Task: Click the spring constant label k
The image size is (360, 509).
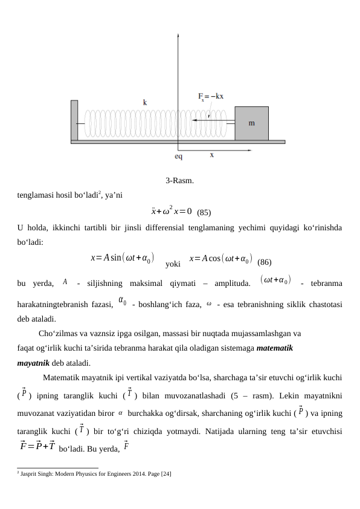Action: tap(145, 103)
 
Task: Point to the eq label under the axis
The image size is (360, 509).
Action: tap(179, 155)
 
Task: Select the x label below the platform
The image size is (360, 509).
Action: tap(211, 155)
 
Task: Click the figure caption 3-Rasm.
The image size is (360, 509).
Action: tap(179, 181)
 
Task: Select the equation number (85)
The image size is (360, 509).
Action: tap(204, 212)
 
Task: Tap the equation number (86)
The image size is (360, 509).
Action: tap(264, 262)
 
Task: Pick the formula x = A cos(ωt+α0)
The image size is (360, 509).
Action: tap(220, 259)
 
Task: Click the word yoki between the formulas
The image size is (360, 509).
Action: tap(173, 264)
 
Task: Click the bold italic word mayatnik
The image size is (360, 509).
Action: tap(33, 363)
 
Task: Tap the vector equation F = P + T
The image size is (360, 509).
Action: tap(38, 446)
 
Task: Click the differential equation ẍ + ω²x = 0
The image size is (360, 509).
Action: tap(172, 211)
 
